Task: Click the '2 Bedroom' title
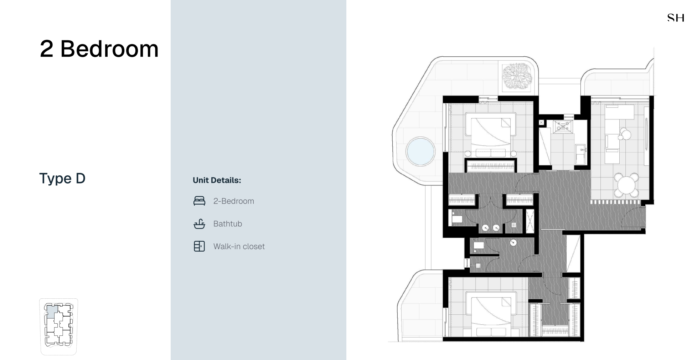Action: coord(99,49)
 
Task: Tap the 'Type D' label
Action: coord(62,178)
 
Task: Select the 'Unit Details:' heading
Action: coord(217,180)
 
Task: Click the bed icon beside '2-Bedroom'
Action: coord(199,201)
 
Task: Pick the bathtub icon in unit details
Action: coord(199,224)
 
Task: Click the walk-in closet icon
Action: coord(199,246)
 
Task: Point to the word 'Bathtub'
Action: coord(228,224)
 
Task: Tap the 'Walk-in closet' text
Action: coord(239,246)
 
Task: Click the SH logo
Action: coord(676,18)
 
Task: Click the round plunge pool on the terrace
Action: coord(420,151)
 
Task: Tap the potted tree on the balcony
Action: coord(517,75)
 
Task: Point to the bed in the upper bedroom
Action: coord(491,134)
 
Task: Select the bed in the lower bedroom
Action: coord(491,314)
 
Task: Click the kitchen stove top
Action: coord(563,127)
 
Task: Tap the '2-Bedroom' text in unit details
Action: coord(234,201)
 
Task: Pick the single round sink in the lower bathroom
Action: coord(513,243)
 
